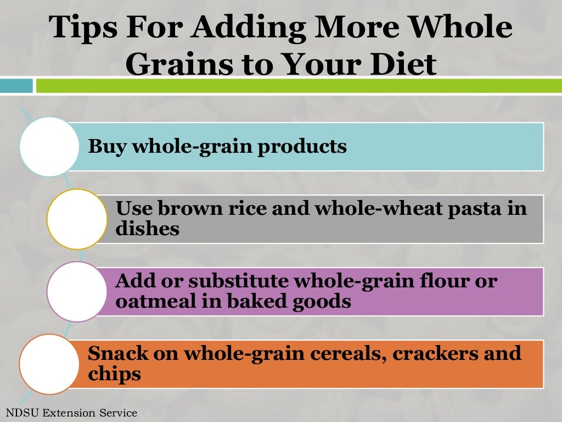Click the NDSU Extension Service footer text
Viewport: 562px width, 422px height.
pos(71,413)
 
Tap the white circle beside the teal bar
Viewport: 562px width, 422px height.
pos(49,147)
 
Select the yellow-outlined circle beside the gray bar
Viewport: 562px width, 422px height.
pos(77,219)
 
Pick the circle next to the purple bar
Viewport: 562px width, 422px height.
pos(77,292)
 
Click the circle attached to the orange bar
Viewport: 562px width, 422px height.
pos(49,364)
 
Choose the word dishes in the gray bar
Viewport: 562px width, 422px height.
pos(148,229)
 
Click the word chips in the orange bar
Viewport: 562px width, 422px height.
pos(114,375)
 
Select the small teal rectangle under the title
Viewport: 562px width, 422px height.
pos(16,86)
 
